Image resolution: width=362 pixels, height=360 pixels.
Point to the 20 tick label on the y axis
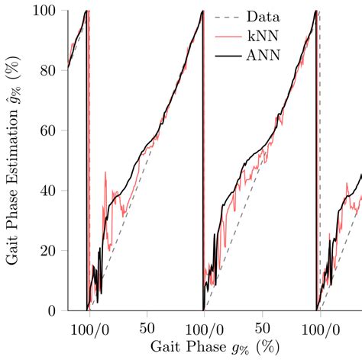[48, 251]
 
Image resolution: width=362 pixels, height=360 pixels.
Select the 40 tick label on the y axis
[48, 191]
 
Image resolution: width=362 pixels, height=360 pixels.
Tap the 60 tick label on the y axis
[48, 130]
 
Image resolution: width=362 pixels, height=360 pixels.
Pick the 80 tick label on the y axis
[48, 70]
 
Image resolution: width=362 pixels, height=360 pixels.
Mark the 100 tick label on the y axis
[44, 11]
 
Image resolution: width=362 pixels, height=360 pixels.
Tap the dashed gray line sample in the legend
[227, 17]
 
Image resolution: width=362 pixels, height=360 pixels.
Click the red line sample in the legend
[227, 36]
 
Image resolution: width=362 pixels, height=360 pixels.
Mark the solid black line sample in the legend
[227, 55]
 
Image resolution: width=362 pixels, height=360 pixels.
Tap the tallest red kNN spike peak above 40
[105, 173]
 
